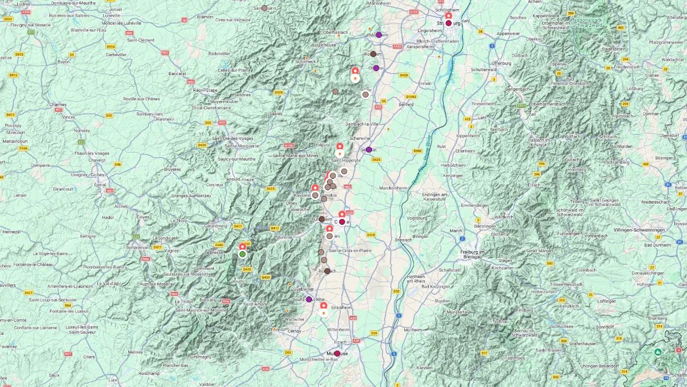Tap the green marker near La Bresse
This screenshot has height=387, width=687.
[242, 254]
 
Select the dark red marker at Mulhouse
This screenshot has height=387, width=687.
[337, 354]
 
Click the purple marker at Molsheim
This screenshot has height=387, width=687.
[378, 35]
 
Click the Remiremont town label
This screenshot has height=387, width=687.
[137, 247]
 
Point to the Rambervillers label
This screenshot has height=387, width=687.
[150, 114]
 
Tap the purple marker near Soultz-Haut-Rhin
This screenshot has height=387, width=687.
[309, 299]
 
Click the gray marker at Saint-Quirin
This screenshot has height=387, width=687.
[264, 9]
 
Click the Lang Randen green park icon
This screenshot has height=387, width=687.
[658, 351]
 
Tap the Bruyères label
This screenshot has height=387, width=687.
[172, 169]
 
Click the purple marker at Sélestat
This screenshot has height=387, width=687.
[369, 150]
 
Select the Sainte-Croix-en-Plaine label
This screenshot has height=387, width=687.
[350, 251]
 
